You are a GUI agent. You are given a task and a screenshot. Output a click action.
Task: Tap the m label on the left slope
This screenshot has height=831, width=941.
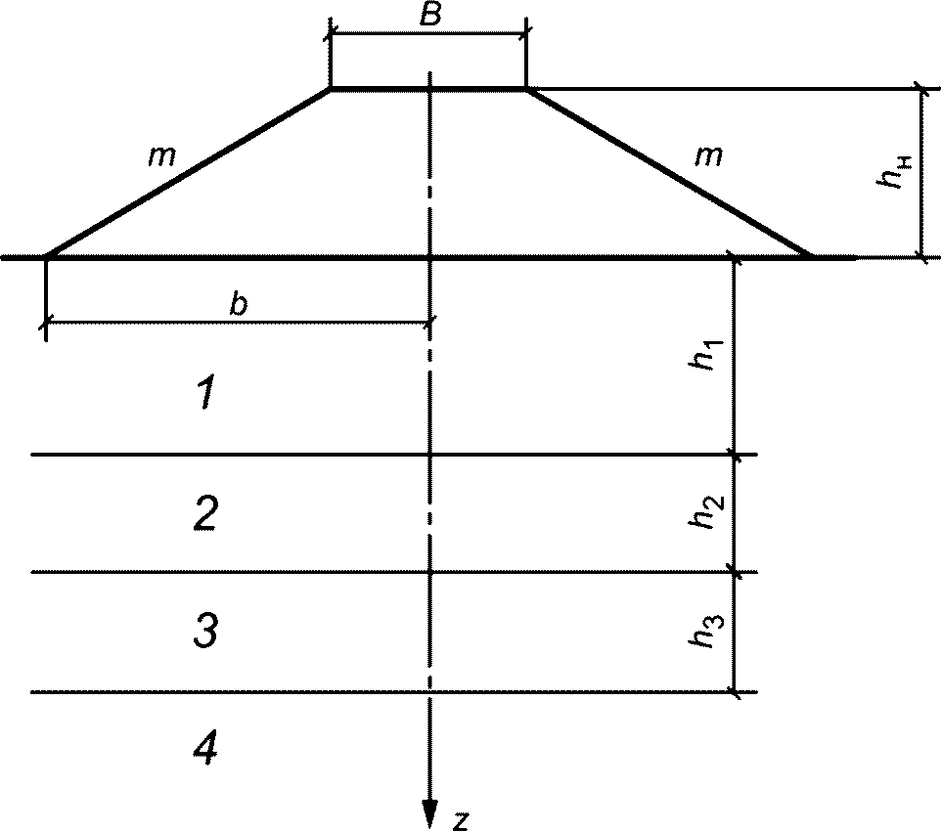(x=161, y=156)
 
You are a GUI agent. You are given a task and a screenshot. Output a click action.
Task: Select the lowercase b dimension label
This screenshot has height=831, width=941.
(x=239, y=305)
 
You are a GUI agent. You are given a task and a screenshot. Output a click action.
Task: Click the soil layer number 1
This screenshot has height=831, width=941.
(x=204, y=395)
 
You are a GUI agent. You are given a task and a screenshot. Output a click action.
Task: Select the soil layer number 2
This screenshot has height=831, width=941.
(x=204, y=513)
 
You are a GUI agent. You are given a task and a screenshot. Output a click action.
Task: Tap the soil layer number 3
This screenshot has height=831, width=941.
(x=204, y=632)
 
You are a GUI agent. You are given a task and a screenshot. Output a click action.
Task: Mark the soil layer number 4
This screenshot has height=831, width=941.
(x=204, y=749)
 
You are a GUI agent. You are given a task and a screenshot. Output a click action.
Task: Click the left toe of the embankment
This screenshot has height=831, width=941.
(x=46, y=258)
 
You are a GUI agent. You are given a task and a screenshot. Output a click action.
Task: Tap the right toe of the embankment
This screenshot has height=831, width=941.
(x=811, y=257)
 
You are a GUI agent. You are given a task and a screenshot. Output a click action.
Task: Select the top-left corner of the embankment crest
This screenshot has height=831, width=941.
(x=331, y=89)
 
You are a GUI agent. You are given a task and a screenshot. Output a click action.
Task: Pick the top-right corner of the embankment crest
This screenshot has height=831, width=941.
(x=526, y=89)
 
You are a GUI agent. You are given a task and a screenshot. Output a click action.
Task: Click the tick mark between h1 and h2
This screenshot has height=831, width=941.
(x=735, y=455)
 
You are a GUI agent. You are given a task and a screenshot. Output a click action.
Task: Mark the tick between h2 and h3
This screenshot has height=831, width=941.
(x=735, y=573)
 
